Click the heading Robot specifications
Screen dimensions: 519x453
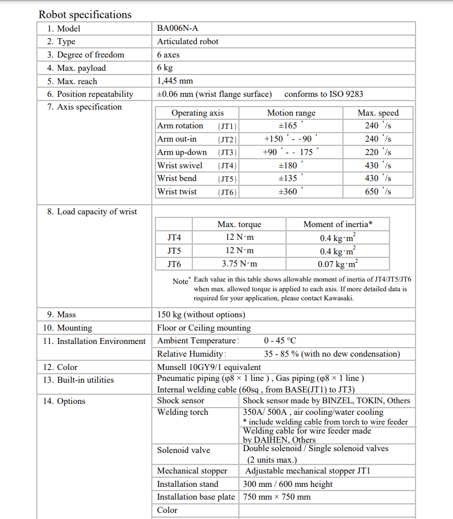click(85, 15)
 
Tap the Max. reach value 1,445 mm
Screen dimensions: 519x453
click(175, 81)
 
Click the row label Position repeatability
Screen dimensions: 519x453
click(94, 94)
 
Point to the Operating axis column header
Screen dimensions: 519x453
click(197, 113)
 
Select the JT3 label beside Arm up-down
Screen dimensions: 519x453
click(227, 153)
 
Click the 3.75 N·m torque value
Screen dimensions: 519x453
click(239, 263)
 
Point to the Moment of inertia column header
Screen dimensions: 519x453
click(337, 224)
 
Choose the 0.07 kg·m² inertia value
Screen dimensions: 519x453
click(337, 264)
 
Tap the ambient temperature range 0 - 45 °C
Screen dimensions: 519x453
click(280, 341)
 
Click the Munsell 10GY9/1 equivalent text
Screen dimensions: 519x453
click(209, 367)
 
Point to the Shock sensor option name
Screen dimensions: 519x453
click(180, 400)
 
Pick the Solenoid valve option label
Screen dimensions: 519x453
click(183, 450)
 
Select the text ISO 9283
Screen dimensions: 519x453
click(346, 94)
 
